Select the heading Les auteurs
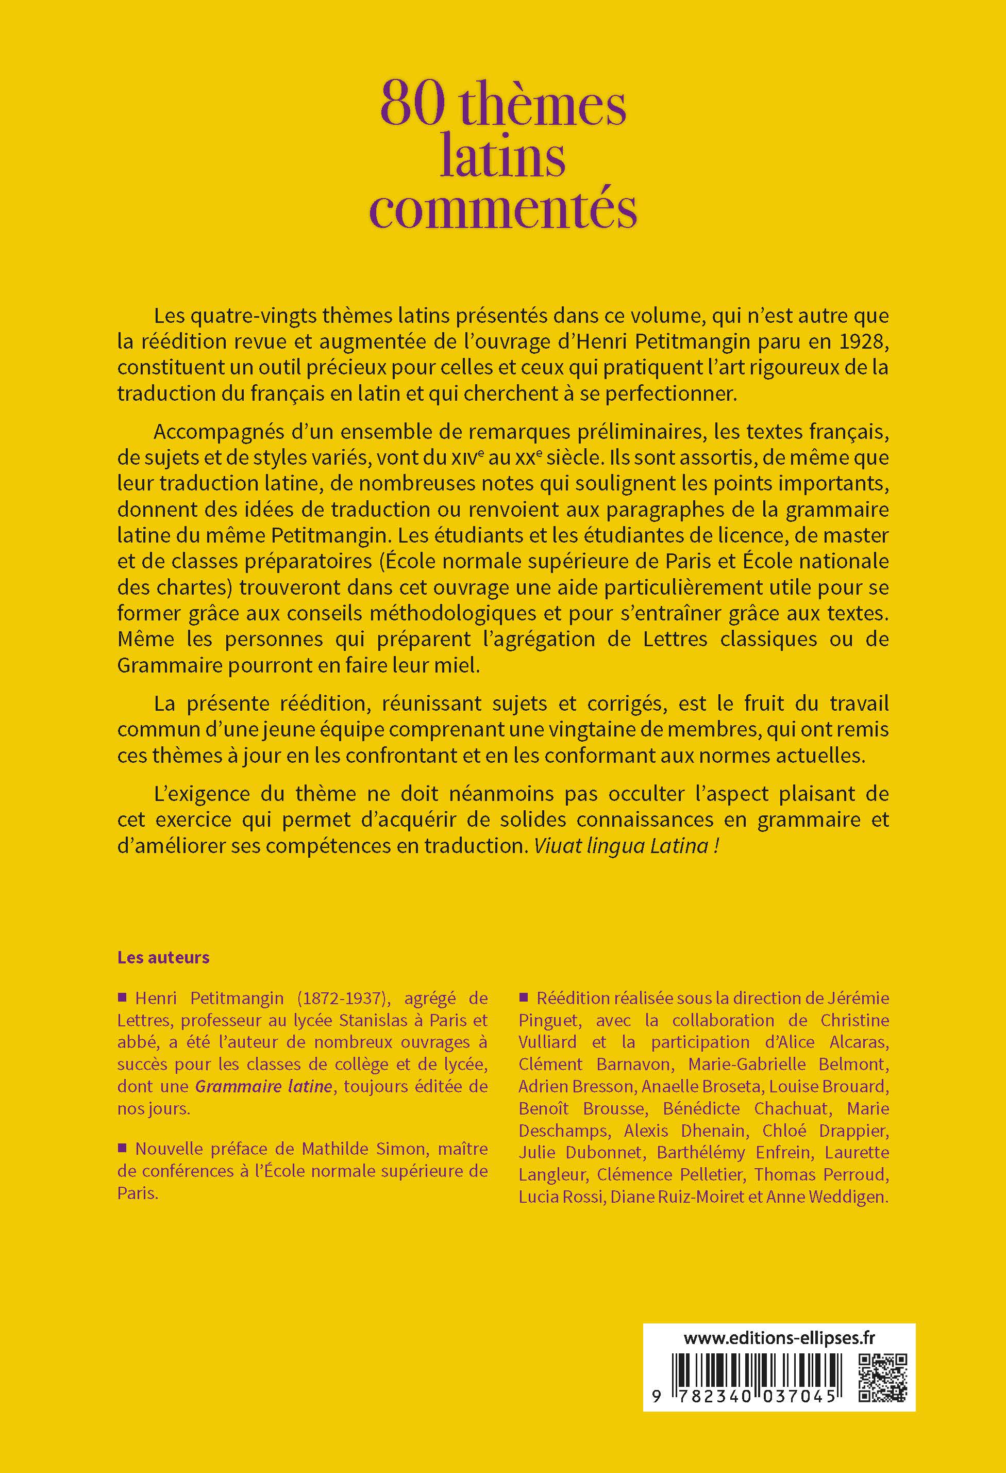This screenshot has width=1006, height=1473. (163, 957)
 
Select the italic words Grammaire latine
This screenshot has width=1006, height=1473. (263, 1086)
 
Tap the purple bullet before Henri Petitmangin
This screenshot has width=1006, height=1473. (123, 997)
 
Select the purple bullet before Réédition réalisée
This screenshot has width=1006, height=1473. (524, 997)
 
